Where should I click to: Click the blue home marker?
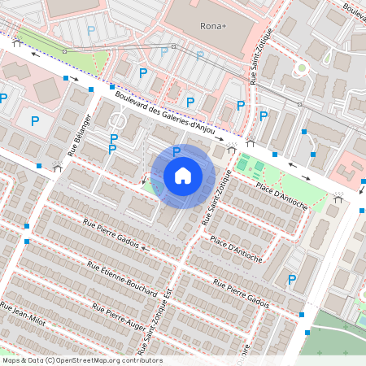click(x=183, y=176)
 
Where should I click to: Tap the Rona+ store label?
click(x=213, y=26)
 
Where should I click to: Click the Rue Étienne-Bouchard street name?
click(x=122, y=274)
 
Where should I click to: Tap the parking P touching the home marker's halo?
click(x=176, y=151)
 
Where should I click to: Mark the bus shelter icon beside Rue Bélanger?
click(x=57, y=168)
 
